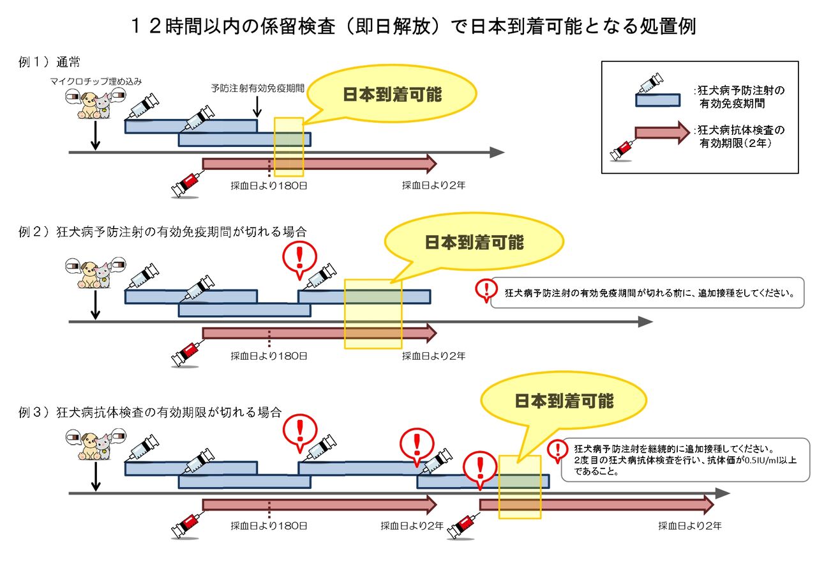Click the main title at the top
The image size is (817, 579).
408,26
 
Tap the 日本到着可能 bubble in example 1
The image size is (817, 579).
392,95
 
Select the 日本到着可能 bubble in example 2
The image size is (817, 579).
474,242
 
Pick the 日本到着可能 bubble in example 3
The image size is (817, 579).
564,401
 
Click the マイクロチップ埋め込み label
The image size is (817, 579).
96,81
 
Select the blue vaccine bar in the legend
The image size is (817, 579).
657,100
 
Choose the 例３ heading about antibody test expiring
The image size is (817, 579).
150,412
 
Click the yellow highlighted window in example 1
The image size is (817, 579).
289,147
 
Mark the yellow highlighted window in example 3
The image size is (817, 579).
520,487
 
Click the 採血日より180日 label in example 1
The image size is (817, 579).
269,186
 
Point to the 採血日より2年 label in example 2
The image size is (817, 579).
433,356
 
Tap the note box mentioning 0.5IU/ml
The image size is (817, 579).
685,459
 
